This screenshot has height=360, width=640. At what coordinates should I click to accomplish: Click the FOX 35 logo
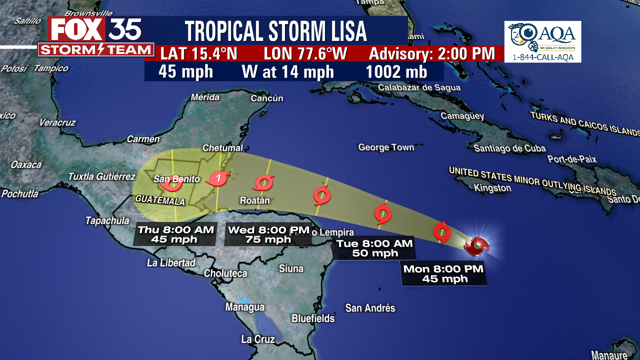pos(95,36)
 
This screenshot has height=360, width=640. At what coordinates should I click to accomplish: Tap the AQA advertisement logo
pos(542,41)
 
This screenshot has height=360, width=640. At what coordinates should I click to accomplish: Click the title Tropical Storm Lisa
pos(275,31)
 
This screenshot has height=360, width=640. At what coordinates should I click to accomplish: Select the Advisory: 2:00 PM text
pos(431,53)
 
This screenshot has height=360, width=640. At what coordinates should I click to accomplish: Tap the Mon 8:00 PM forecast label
pos(444,273)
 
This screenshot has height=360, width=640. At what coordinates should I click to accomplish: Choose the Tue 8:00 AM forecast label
pos(374,248)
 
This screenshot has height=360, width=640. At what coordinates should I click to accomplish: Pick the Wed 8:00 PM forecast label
pos(268,234)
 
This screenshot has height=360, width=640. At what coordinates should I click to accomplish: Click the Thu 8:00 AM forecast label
pos(175,234)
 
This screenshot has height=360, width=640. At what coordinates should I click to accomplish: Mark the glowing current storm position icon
pos(476,245)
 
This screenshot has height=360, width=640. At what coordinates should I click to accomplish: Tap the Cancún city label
pos(267,98)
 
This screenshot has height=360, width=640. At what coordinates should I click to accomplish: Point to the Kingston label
pos(492,188)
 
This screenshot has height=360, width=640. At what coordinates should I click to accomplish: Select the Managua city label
pos(244,307)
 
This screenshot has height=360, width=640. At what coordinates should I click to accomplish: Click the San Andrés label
pos(370,308)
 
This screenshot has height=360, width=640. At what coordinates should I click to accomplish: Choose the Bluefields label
pos(313,318)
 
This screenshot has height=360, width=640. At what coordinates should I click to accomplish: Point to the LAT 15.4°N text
pos(198,53)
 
